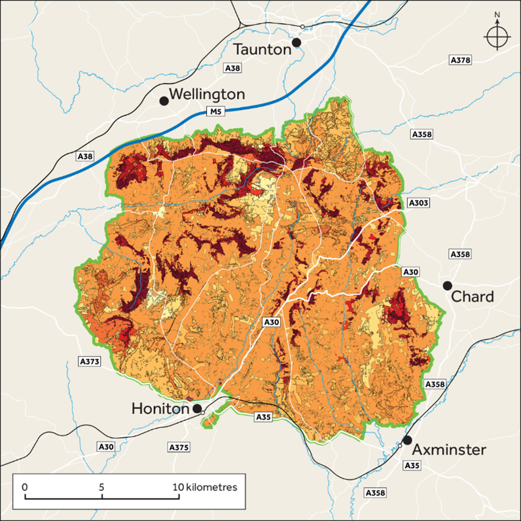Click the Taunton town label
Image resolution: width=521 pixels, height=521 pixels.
(262, 49)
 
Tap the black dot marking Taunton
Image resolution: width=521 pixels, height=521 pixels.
(296, 43)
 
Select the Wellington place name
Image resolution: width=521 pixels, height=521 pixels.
(207, 95)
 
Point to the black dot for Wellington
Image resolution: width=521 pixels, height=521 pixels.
(164, 101)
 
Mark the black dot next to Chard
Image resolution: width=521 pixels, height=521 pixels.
(447, 285)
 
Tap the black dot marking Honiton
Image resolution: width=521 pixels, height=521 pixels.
(197, 408)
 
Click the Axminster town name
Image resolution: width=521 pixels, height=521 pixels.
(449, 450)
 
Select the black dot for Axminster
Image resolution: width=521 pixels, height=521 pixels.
(407, 440)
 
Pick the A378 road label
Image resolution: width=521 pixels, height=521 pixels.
(461, 60)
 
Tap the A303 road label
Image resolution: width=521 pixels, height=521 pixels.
(418, 203)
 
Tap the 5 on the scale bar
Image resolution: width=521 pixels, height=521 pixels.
(101, 488)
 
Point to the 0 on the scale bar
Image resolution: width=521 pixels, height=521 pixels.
(24, 488)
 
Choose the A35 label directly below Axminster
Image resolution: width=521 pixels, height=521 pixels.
(412, 466)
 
